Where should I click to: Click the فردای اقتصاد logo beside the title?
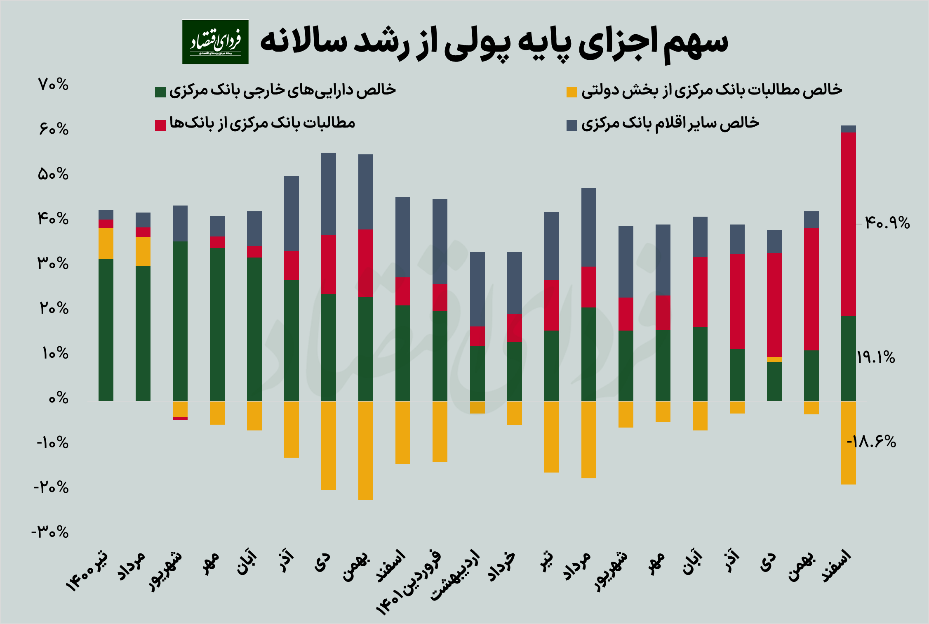point(215,42)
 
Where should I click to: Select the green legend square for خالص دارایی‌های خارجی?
point(160,92)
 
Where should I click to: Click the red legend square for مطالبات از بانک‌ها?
point(160,125)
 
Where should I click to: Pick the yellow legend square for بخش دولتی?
point(572,92)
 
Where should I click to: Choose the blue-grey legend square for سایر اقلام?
point(572,125)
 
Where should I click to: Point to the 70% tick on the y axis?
point(53,85)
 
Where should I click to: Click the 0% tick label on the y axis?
point(58,399)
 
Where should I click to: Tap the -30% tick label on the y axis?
point(50,532)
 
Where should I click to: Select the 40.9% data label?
point(887,223)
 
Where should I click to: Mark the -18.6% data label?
point(871,442)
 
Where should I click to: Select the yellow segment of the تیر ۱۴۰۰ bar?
point(106,243)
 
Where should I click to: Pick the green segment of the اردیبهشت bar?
point(477,373)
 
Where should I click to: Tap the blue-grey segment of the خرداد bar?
point(515,283)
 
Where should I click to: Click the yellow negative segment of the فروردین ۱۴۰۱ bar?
point(440,431)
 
